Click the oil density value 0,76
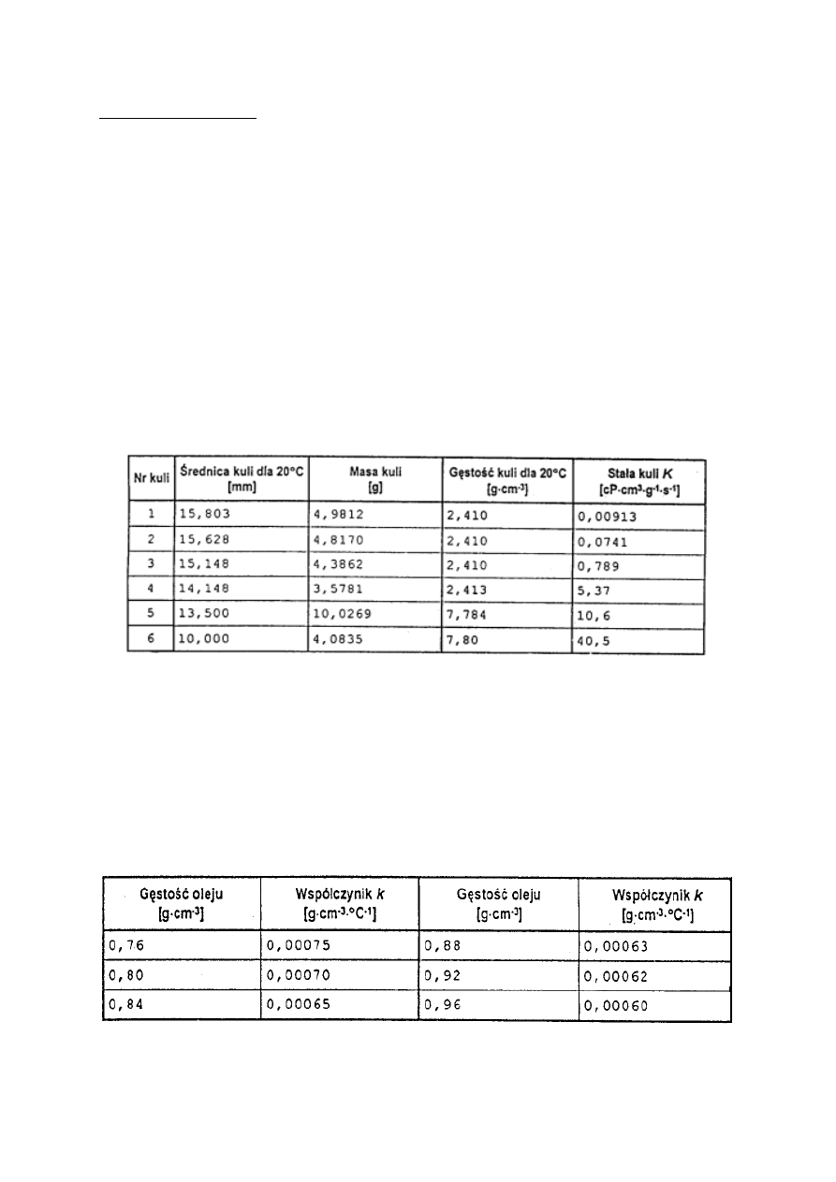124,945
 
